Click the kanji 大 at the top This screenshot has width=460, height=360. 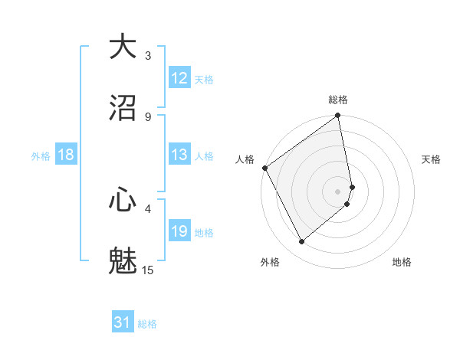(x=123, y=47)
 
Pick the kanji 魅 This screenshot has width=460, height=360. (x=123, y=261)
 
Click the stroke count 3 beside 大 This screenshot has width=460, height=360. (x=148, y=56)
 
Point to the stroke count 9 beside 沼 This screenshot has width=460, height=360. (x=148, y=116)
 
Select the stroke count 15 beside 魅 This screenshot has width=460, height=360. (x=148, y=270)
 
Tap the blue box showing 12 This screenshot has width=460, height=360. (x=179, y=78)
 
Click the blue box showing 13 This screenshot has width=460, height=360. (x=179, y=155)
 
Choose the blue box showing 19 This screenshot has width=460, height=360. (x=179, y=231)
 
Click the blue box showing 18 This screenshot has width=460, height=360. (x=66, y=155)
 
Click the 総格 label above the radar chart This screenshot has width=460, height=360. (x=338, y=100)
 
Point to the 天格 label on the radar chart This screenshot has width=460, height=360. (x=431, y=159)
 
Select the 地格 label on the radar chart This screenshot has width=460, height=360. (x=402, y=262)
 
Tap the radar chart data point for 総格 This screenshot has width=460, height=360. (x=338, y=116)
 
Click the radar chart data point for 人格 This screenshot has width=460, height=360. (x=264, y=168)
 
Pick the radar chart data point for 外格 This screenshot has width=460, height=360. (x=302, y=241)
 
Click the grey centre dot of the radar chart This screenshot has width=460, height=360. (x=338, y=191)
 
